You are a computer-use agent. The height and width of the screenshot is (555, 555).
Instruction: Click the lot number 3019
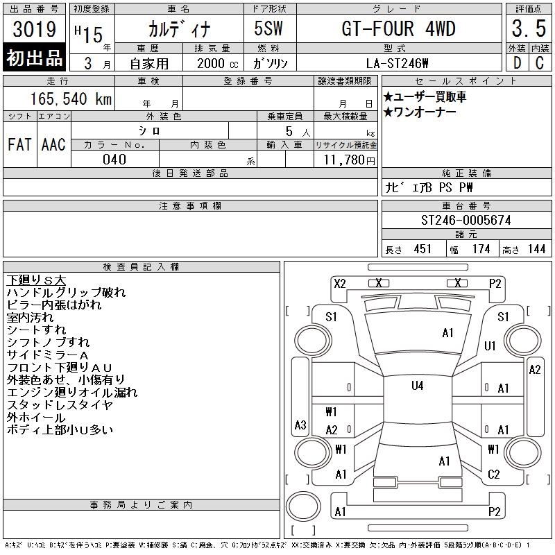coord(34,28)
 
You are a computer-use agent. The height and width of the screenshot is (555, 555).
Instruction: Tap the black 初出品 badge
coord(34,58)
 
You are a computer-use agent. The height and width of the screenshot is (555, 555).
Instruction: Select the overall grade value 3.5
coord(529,28)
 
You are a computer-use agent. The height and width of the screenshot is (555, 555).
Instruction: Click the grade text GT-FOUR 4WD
coord(398,28)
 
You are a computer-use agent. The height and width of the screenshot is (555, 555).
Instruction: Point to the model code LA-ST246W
coord(398,63)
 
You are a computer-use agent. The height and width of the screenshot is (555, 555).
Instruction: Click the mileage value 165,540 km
coord(71,99)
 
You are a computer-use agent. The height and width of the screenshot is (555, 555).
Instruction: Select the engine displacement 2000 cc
coord(217,63)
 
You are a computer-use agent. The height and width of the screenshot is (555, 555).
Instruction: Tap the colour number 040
coord(114,160)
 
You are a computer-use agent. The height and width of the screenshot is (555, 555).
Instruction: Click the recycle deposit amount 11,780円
coord(349,160)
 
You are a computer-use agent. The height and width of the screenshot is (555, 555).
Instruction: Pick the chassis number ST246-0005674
coord(466,220)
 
